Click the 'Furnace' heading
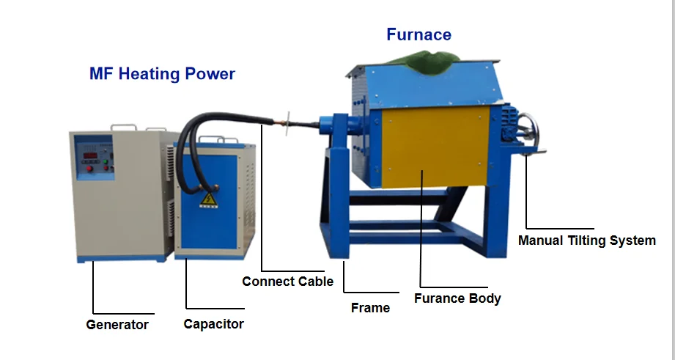[x=418, y=34]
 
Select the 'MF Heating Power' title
[x=162, y=74]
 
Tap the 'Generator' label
[x=117, y=324]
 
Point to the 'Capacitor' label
[x=213, y=323]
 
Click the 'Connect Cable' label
[x=287, y=281]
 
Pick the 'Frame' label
[x=370, y=307]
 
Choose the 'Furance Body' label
[x=457, y=298]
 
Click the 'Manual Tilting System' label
[x=586, y=240]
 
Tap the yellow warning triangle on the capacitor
[x=207, y=199]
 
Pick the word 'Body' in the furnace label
[x=485, y=298]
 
